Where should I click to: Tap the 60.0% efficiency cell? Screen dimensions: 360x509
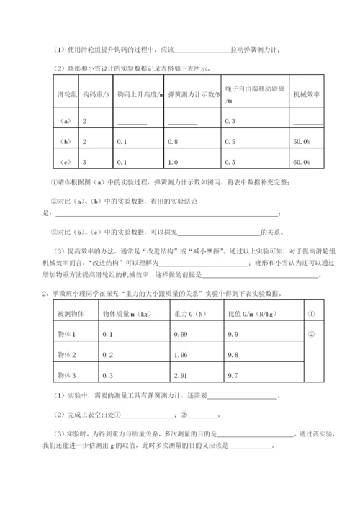302,162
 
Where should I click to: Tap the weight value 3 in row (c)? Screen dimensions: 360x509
85,162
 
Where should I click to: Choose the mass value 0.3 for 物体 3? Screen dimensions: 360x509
109,375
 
